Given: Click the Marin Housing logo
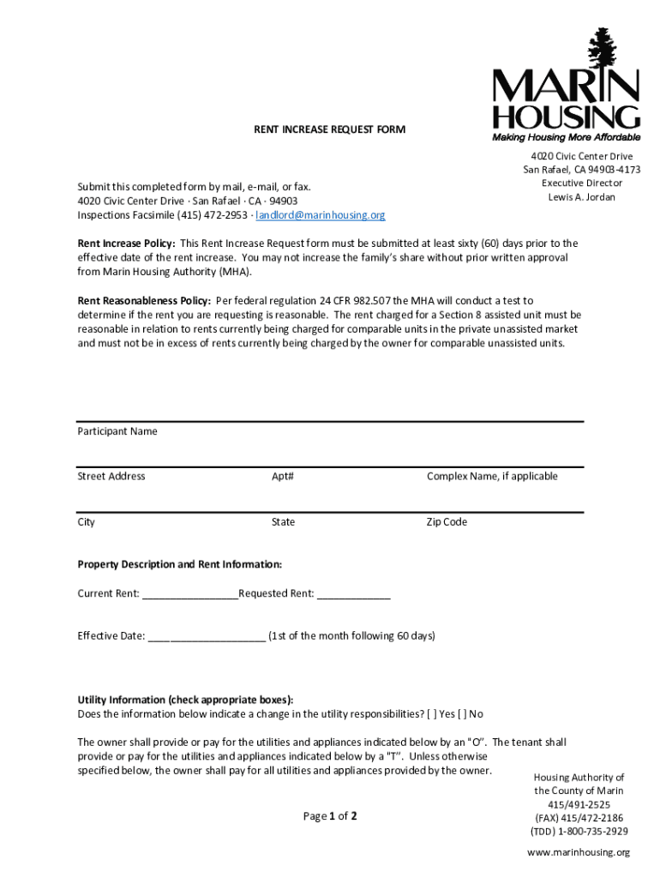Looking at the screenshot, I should [566, 86].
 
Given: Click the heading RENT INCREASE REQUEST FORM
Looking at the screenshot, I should [329, 129].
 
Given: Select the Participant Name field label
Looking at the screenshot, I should [117, 431].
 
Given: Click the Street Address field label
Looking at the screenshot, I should [111, 476].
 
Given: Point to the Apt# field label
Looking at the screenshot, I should [283, 476].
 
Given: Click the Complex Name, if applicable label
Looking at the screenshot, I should [492, 476].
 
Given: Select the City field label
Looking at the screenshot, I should [87, 522].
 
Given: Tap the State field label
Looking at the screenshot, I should [283, 522].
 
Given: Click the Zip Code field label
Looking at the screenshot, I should [447, 522].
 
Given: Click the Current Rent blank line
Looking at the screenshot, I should [190, 594].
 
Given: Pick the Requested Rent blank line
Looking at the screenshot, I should [353, 594].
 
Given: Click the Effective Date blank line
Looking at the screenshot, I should [207, 637].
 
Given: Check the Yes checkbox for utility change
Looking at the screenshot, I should [435, 713].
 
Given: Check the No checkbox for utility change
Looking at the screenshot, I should [464, 713].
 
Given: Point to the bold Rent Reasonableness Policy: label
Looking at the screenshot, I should [144, 301].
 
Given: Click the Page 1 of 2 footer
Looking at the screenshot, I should [330, 816].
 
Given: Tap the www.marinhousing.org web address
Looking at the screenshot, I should [579, 852].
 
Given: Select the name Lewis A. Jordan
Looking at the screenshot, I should [582, 197].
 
